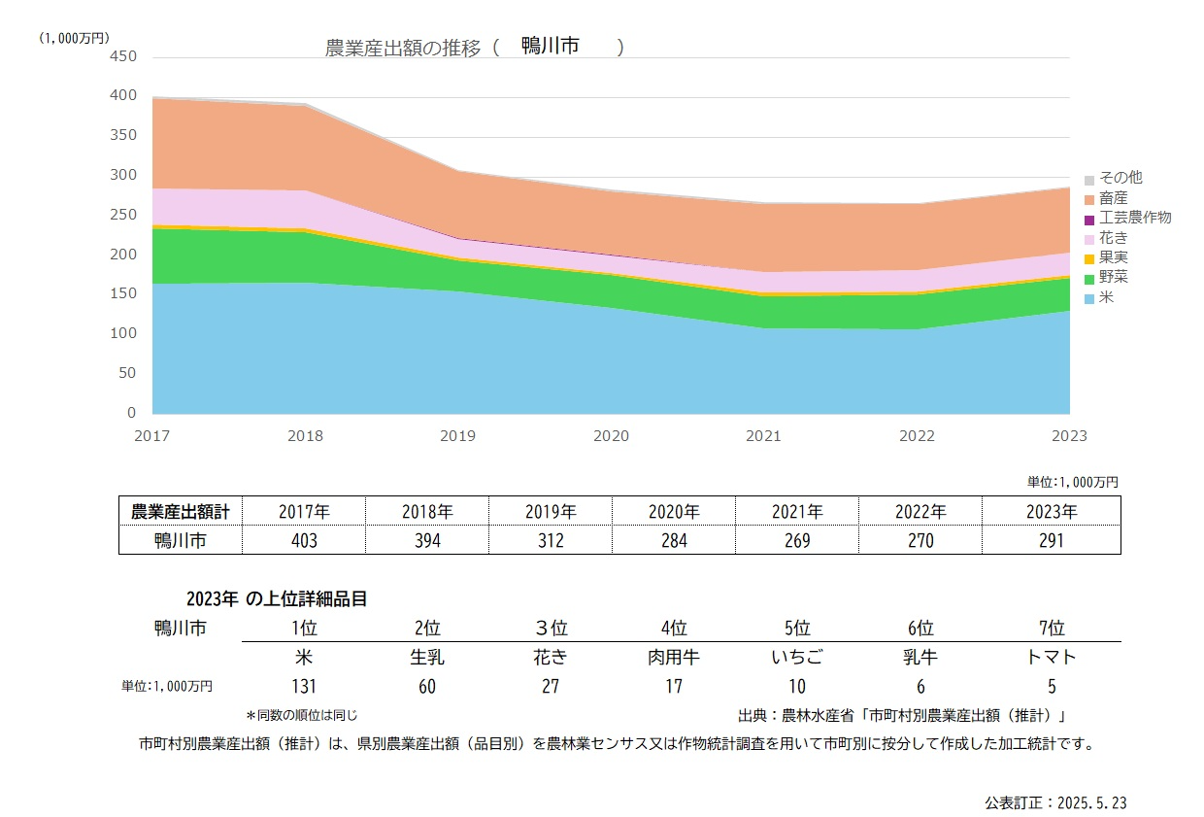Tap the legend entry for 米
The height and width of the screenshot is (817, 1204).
(1106, 298)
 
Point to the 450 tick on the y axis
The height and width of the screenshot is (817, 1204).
(123, 56)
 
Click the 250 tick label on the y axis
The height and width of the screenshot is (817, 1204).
(123, 215)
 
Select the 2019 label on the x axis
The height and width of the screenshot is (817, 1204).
(458, 436)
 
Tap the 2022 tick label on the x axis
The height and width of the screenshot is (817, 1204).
(917, 436)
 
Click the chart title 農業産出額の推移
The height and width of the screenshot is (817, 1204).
(403, 49)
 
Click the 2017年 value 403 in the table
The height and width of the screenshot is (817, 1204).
(304, 541)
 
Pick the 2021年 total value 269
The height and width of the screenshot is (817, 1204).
(796, 541)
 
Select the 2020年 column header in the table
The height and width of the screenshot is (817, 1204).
(674, 511)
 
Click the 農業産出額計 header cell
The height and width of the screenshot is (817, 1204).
(181, 511)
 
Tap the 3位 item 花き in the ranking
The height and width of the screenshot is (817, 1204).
(551, 657)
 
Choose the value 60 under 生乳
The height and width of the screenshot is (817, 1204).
(427, 687)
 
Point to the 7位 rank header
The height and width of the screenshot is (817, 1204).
(1051, 628)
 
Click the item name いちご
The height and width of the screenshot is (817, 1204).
(796, 657)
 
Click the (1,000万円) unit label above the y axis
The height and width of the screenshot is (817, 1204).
(75, 38)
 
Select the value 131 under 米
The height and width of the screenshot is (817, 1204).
(304, 687)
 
